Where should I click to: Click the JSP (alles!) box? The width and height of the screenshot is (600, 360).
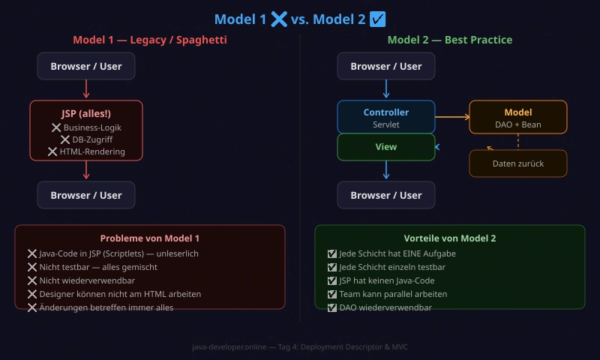point(86,130)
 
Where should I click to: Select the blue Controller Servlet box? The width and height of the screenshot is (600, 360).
point(386,118)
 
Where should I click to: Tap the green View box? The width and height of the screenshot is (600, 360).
point(386,147)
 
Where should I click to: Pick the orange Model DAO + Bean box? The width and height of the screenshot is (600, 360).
point(518,118)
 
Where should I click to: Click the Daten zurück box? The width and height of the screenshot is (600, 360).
point(518,163)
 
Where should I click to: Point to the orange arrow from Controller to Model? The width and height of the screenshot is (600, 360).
point(452,116)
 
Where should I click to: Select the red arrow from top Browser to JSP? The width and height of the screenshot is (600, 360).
point(86,89)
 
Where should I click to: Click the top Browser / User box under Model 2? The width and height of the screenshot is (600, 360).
point(386,66)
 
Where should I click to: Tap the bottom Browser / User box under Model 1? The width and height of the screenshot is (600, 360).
point(86,195)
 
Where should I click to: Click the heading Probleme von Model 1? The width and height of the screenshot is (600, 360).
point(150,238)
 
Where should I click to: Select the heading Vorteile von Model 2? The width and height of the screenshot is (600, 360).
point(450,238)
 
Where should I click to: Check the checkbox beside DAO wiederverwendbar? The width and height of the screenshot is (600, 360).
point(332,307)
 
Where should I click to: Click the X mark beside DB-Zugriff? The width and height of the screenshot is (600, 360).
point(64,139)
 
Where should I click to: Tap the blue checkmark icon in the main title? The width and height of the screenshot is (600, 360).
point(378,19)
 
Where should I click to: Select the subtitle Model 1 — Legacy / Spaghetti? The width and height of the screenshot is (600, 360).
point(150,40)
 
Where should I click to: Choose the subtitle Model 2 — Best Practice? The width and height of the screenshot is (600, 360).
point(450,40)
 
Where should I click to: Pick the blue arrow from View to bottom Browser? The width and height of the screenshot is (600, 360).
point(386,170)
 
